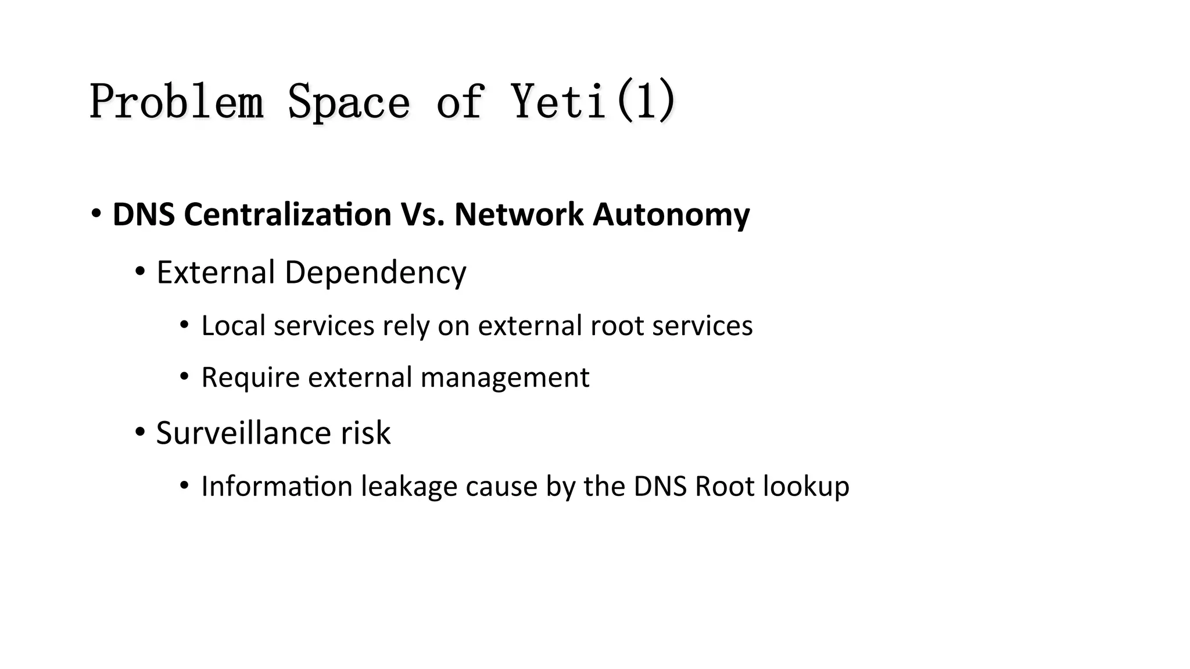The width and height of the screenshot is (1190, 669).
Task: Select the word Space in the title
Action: point(349,102)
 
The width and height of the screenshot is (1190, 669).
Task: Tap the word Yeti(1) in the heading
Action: point(594,102)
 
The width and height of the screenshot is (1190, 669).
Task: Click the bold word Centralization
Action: point(288,214)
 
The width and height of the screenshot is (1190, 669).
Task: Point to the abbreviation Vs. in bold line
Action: point(422,214)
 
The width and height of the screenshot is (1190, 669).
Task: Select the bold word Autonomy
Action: point(671,214)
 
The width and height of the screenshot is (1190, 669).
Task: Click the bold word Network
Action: point(518,214)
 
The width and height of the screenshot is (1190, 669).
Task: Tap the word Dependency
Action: point(375,272)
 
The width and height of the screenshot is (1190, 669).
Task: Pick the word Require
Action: point(250,377)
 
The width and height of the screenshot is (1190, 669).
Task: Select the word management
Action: point(504,377)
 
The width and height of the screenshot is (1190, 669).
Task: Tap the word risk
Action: point(365,433)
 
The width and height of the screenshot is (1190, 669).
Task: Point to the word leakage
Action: point(409,486)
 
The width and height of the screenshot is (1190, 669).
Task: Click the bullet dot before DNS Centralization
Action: point(96,213)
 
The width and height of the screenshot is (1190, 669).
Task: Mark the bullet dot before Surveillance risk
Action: point(140,432)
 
